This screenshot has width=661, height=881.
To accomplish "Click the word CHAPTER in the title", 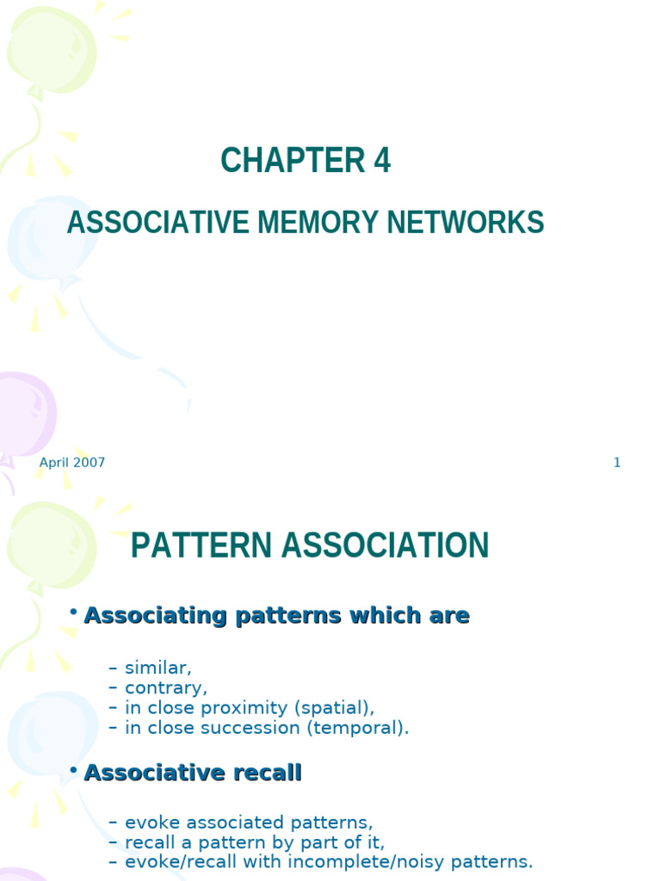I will click(281, 161).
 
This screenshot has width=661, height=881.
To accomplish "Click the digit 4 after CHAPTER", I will click(381, 161).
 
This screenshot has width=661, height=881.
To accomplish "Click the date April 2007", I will click(72, 463).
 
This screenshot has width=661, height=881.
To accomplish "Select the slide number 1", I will click(616, 463).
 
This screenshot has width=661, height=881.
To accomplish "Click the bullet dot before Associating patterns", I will click(74, 613).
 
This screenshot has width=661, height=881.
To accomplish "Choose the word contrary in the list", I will click(166, 687).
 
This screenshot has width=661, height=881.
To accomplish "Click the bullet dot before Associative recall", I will click(74, 770).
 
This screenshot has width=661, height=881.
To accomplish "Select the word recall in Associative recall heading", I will click(269, 773).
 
